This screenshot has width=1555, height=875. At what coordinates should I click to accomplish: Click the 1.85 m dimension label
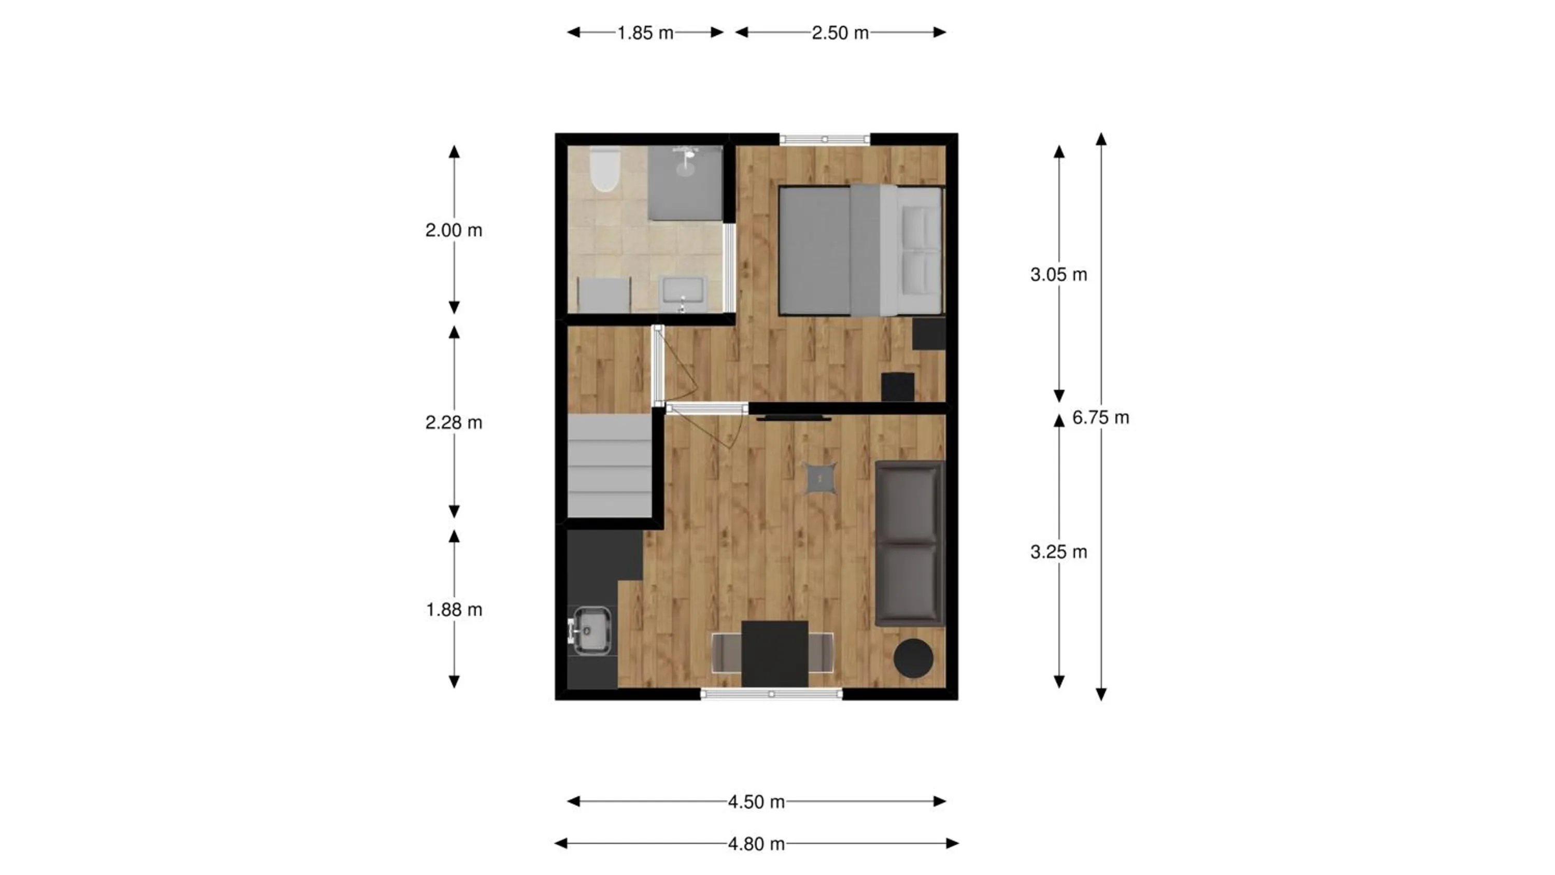(645, 33)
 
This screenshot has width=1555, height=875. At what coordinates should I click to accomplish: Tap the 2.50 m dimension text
(840, 33)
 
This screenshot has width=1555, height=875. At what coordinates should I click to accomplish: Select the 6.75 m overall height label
(1100, 417)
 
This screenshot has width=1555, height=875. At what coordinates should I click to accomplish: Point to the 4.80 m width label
(756, 843)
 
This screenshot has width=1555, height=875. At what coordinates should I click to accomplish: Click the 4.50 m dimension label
(756, 802)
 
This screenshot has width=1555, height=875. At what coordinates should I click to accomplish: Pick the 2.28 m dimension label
(454, 422)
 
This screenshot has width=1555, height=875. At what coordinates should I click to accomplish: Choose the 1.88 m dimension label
(454, 610)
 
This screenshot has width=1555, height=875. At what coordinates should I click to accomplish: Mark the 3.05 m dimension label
(1059, 275)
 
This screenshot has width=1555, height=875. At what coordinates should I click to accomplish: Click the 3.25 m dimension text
(1059, 552)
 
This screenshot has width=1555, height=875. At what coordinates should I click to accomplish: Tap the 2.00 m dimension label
(454, 230)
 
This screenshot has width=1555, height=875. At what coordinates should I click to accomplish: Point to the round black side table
(913, 658)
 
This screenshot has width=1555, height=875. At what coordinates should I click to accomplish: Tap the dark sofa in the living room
(910, 543)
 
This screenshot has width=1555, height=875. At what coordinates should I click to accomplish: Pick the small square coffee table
(821, 478)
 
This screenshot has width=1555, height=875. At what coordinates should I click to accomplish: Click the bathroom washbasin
(683, 293)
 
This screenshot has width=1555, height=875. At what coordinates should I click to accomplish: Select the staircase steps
(610, 465)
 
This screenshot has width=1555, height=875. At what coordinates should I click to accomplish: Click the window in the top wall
(825, 139)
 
